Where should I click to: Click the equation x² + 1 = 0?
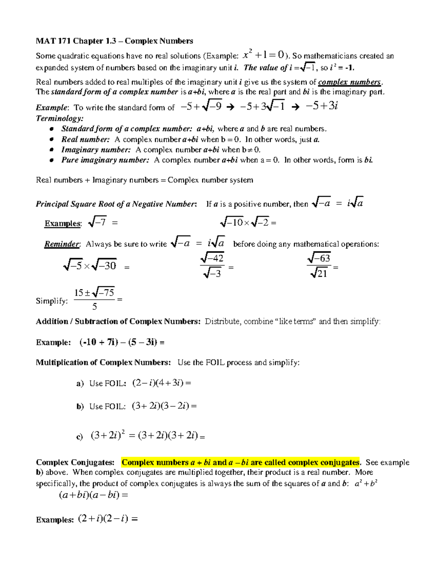pos(264,55)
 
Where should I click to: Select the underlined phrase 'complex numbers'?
pos(349,82)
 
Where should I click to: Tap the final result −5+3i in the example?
pos(322,106)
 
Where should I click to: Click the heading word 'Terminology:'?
pos(60,118)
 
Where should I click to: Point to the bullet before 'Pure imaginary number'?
pos(52,160)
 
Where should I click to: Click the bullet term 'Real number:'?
pos(85,139)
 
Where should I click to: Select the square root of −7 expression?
pos(97,222)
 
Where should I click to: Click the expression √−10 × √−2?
pos(245,222)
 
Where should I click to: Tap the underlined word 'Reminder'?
pos(61,244)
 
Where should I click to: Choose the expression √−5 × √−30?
pos(90,266)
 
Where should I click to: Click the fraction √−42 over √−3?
pos(213,266)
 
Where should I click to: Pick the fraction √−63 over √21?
pos(319,266)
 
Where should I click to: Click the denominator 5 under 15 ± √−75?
pos(94,307)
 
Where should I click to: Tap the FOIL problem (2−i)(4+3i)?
pos(158,383)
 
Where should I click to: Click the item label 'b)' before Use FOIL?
pos(80,406)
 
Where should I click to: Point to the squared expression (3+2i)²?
pos(108,435)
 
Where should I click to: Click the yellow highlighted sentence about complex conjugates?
pos(240,462)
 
